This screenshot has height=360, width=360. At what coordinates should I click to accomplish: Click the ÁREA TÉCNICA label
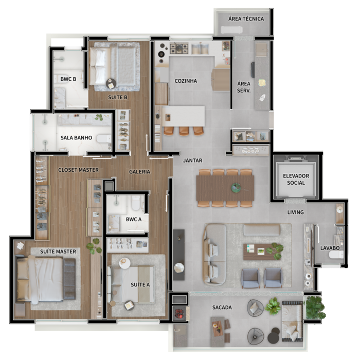246,19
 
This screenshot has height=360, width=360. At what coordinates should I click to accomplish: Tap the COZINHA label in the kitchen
186,81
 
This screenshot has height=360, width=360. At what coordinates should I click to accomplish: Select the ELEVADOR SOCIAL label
296,179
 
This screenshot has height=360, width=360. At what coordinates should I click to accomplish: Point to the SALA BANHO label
76,138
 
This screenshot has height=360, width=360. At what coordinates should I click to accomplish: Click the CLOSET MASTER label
78,170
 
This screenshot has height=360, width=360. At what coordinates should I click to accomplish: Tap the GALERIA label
139,171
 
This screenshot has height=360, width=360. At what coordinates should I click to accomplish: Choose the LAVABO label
330,248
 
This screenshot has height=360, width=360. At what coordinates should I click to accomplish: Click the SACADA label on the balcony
222,308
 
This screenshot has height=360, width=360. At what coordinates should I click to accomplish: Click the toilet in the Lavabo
336,255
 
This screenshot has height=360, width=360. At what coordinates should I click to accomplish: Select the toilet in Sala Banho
104,139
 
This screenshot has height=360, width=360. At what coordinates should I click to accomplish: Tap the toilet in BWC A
136,203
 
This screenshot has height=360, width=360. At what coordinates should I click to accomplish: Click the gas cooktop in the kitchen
179,48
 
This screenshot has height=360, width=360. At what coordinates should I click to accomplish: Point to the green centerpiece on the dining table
236,188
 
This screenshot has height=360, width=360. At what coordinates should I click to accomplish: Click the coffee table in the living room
259,251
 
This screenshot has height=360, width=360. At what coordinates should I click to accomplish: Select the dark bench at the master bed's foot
69,279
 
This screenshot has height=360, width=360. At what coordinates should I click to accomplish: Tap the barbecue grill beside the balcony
179,313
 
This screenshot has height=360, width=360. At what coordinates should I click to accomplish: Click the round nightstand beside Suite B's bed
111,83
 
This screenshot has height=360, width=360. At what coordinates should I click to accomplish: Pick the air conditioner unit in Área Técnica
231,30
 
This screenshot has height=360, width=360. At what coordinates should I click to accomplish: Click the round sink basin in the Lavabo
340,210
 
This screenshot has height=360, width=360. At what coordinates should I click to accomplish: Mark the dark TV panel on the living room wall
179,255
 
